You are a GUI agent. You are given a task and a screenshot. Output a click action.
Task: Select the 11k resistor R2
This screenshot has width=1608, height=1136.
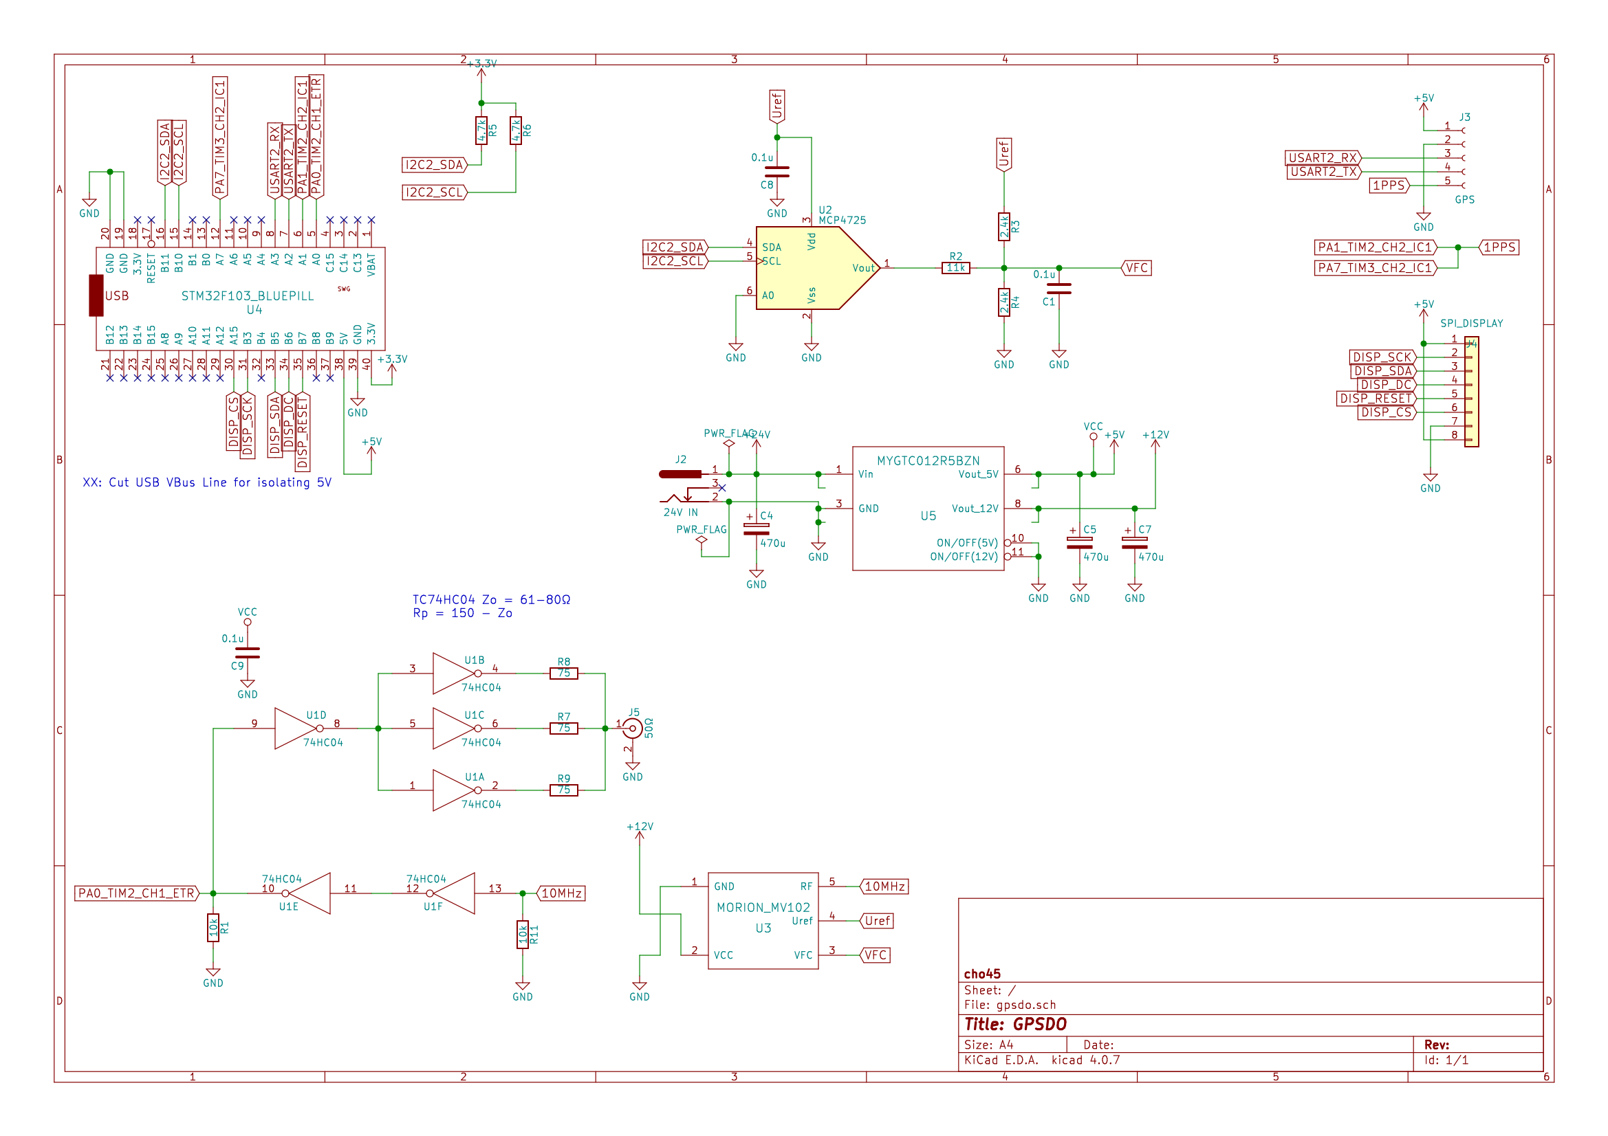click(x=955, y=268)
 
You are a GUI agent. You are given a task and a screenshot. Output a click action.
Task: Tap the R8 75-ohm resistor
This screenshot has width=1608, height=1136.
click(x=564, y=673)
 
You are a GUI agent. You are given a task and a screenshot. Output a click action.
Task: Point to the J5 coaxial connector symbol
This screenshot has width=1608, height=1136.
click(x=633, y=728)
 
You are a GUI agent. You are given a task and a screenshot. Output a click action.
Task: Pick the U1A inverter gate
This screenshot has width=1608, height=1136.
click(x=454, y=790)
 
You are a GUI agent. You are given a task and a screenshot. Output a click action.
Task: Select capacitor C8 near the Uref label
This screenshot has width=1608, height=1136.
click(x=776, y=172)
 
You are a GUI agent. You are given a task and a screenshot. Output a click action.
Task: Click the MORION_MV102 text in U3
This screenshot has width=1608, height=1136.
click(x=763, y=907)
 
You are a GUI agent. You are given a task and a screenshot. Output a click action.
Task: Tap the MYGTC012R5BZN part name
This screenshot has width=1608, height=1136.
click(x=928, y=460)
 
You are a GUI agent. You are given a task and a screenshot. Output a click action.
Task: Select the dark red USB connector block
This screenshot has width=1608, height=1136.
click(x=96, y=296)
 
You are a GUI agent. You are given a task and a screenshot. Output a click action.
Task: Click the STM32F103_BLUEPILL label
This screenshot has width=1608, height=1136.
click(x=247, y=296)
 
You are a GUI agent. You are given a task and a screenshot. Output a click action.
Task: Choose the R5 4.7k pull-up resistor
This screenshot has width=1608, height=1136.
click(x=481, y=130)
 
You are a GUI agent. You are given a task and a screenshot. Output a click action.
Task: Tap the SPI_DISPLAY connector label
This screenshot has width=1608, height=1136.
click(x=1471, y=324)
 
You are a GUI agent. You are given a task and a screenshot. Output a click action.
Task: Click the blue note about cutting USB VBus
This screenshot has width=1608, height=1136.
click(x=206, y=482)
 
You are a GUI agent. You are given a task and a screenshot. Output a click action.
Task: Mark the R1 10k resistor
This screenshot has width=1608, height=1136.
click(x=213, y=928)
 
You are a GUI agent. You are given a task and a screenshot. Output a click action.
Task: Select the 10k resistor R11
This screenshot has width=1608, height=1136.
click(x=523, y=935)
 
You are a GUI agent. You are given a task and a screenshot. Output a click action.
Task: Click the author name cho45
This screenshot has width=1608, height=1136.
click(x=982, y=974)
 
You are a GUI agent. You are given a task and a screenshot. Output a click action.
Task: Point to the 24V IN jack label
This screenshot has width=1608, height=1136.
click(x=680, y=513)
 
